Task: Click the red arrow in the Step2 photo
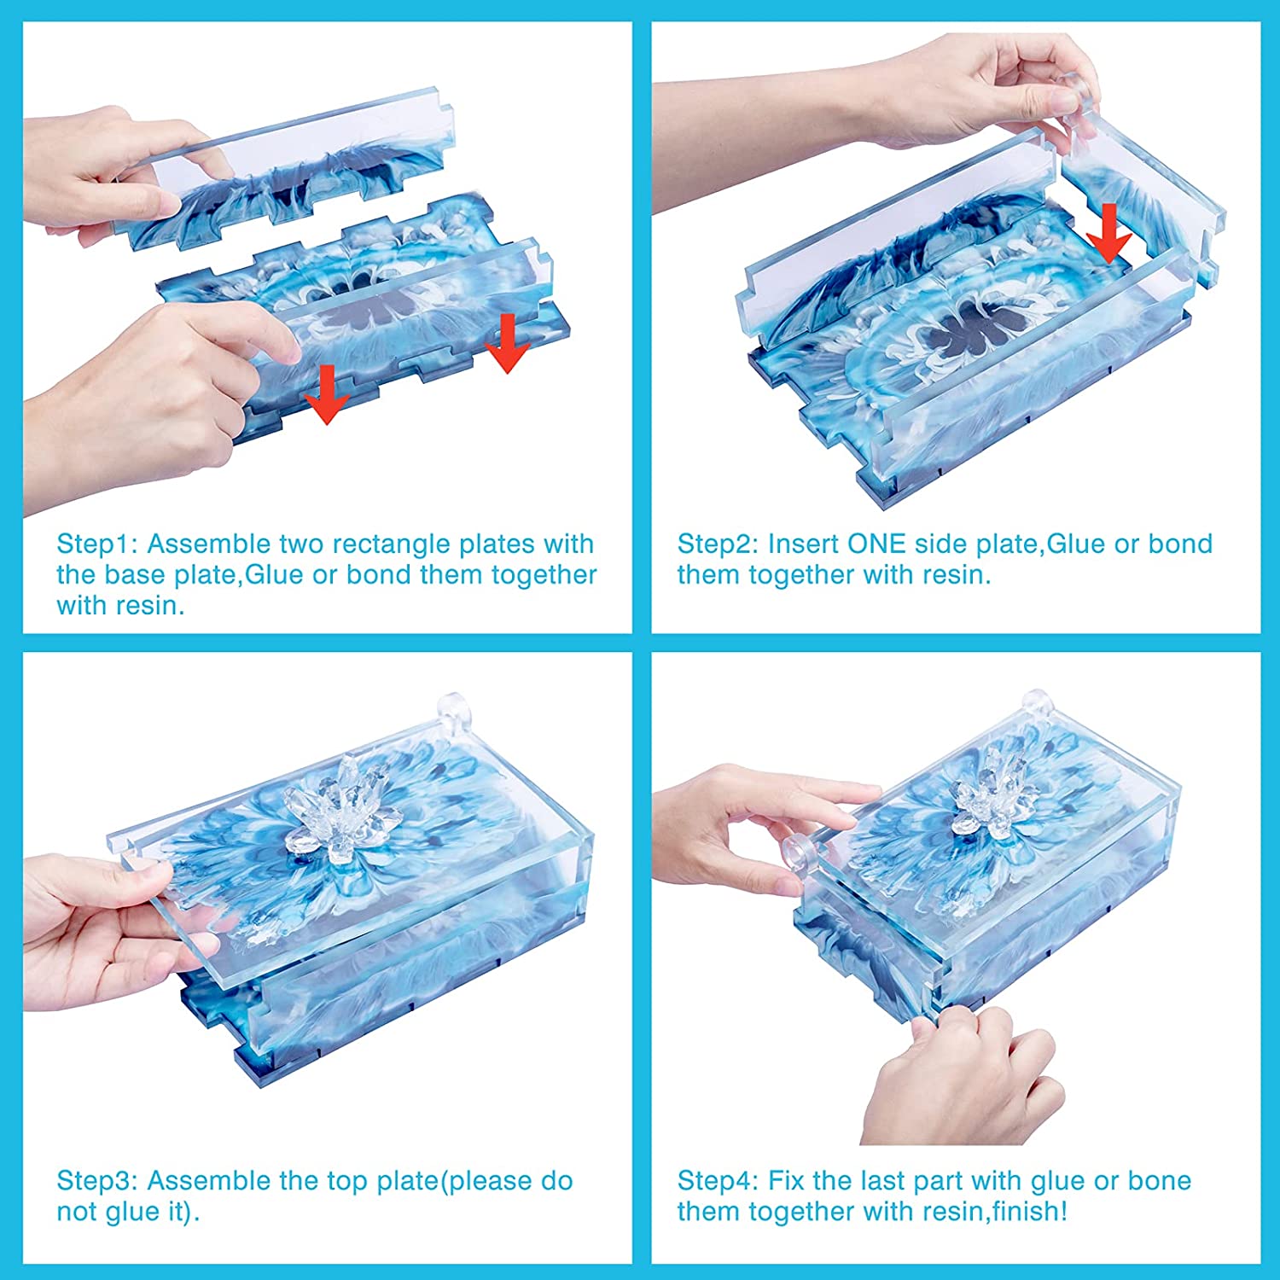pyautogui.click(x=1108, y=233)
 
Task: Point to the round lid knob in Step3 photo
pyautogui.click(x=452, y=707)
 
